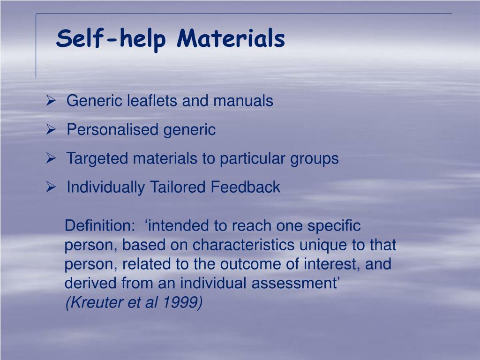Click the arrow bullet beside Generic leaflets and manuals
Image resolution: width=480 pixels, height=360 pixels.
51,100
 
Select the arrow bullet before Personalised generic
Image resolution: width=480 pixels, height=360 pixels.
51,129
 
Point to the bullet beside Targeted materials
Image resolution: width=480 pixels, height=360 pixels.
51,158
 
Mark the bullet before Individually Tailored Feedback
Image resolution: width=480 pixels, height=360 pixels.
51,187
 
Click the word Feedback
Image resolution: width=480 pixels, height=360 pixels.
245,187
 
